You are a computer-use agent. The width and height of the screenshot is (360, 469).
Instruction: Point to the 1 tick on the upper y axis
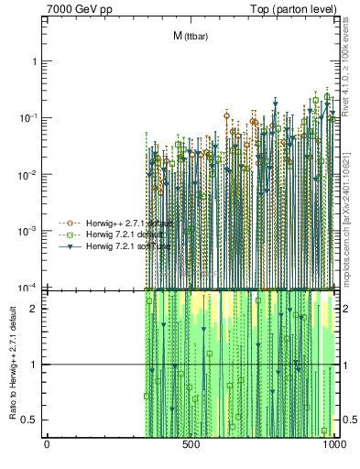coord(35,60)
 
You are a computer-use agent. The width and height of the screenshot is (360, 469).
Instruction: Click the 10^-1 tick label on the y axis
coord(29,117)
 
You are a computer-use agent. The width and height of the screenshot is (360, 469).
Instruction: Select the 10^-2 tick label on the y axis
coord(29,174)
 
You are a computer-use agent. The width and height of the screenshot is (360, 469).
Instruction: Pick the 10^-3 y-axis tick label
coord(29,231)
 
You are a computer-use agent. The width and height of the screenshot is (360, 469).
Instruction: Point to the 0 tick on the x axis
coord(47,446)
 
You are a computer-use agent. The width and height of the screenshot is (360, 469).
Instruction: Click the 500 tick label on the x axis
coord(191,446)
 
